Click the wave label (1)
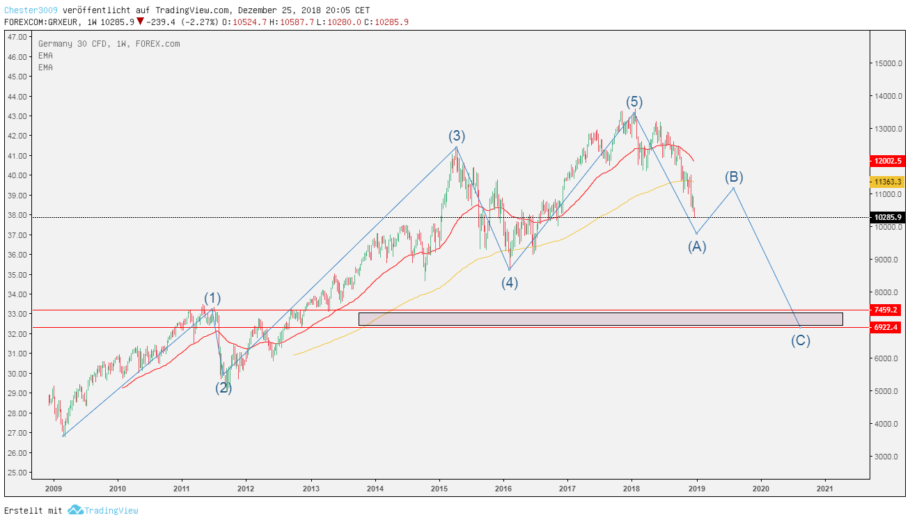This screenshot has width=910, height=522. (212, 299)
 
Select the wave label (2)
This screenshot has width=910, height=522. (223, 388)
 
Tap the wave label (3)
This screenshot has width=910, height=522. (457, 136)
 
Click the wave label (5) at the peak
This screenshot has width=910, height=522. (633, 102)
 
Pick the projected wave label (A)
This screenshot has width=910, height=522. (697, 246)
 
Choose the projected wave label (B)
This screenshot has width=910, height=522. (734, 177)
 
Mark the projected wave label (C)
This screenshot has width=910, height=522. (800, 341)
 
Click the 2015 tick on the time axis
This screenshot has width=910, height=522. (439, 489)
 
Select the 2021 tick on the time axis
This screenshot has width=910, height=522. (826, 489)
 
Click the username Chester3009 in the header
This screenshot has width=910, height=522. (31, 10)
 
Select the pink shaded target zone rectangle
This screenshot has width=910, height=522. (600, 319)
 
